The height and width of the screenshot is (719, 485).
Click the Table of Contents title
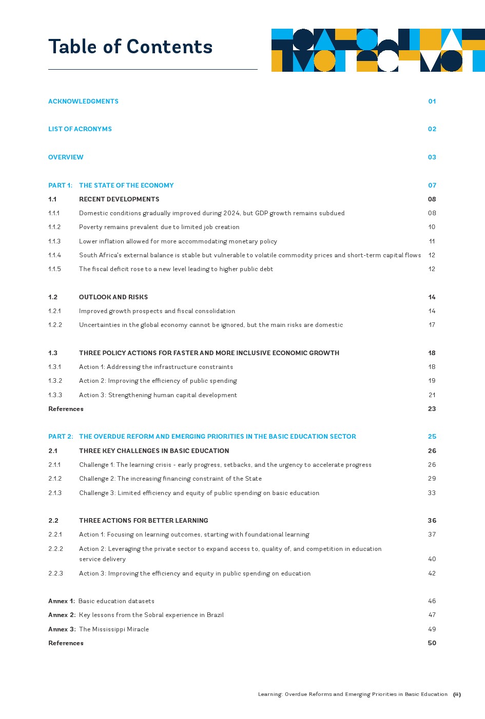130,47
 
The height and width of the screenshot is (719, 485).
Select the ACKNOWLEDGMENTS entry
83,101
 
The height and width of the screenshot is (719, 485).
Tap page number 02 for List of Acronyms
432,129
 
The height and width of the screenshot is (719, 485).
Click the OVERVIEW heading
66,157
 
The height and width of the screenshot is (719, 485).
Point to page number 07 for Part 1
432,186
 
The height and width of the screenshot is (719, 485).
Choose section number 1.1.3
54,241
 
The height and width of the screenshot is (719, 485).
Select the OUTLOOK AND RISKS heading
113,297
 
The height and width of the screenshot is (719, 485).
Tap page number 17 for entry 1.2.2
432,325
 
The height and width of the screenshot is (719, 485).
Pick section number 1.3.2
55,381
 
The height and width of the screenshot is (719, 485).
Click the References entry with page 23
66,409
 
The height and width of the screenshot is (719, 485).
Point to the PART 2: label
61,437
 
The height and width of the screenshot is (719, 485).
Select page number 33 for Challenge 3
432,493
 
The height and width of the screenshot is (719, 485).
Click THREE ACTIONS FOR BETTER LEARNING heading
144,521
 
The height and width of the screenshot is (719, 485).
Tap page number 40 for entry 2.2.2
432,559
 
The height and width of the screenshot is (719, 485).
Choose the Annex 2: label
62,615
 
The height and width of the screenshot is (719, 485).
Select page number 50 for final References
432,643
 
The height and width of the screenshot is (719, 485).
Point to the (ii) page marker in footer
457,694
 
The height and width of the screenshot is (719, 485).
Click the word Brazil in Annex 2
215,615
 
